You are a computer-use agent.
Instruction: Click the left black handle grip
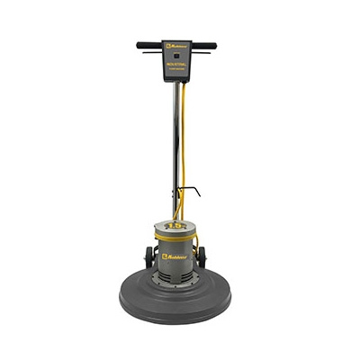pyautogui.click(x=148, y=45)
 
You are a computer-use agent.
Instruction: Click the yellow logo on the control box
pyautogui.click(x=179, y=44)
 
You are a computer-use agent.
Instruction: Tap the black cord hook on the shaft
pyautogui.click(x=192, y=191)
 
